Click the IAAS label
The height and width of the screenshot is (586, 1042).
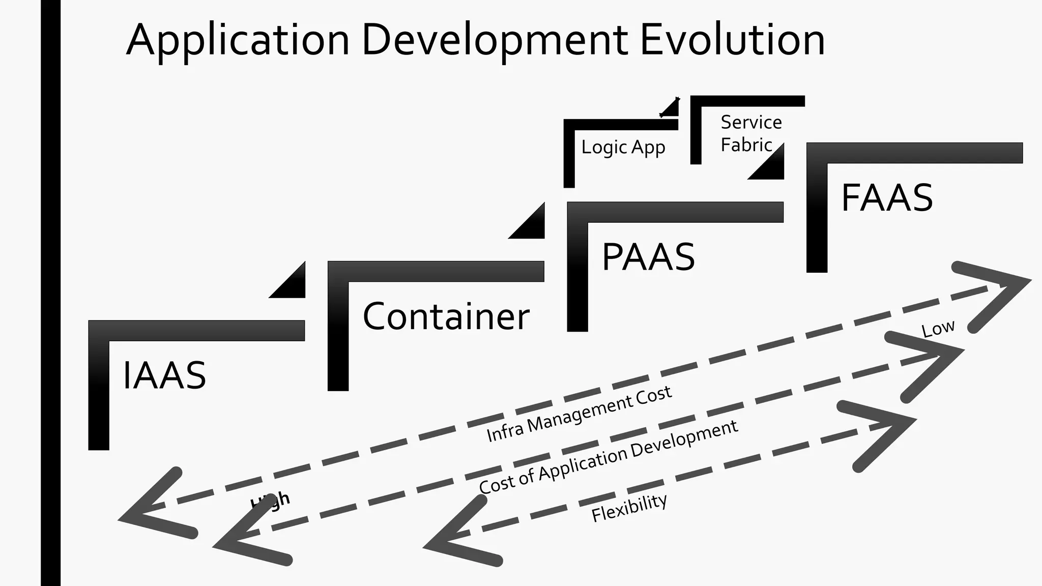(164, 375)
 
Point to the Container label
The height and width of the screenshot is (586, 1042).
(446, 316)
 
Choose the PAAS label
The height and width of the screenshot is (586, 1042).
(648, 257)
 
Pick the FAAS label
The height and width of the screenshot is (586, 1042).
(887, 198)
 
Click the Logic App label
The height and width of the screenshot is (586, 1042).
(623, 148)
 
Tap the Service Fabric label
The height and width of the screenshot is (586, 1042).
(750, 134)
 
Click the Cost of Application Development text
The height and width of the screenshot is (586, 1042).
(608, 457)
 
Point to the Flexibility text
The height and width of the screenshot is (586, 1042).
(629, 508)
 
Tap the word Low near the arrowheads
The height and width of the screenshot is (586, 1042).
(938, 329)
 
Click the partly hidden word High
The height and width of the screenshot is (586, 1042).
(270, 501)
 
